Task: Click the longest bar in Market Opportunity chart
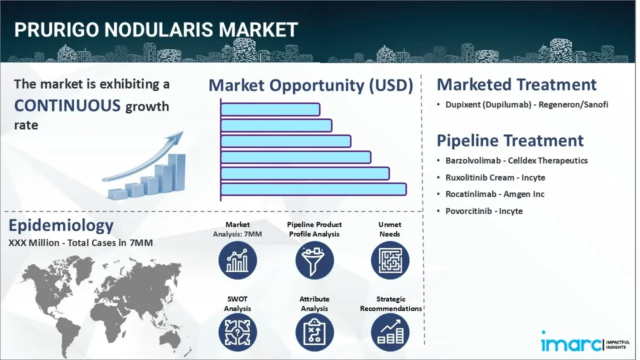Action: click(x=313, y=189)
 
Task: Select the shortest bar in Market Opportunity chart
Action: click(x=270, y=109)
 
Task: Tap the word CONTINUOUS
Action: click(x=67, y=105)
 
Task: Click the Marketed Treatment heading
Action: click(x=516, y=84)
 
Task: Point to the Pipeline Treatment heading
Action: click(x=510, y=140)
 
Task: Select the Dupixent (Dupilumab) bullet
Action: click(x=526, y=105)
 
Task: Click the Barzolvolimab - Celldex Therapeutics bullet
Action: click(x=516, y=160)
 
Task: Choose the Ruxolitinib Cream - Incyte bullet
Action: click(x=495, y=177)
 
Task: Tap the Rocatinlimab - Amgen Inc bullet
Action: click(x=494, y=194)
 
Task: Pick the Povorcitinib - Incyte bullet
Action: click(x=484, y=211)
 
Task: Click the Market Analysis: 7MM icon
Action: click(x=237, y=260)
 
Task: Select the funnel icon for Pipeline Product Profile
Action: click(x=314, y=260)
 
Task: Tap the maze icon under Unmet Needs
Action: click(x=390, y=260)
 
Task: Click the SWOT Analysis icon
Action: click(x=237, y=333)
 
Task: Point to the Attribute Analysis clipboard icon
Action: click(x=314, y=333)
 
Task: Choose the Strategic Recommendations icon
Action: click(x=390, y=333)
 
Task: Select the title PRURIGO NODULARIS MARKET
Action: click(x=156, y=30)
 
